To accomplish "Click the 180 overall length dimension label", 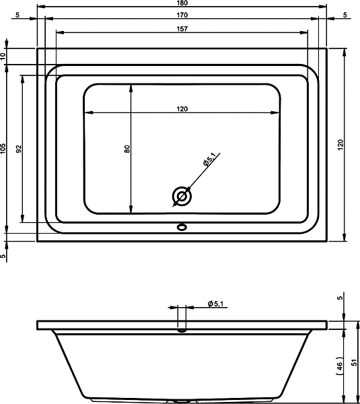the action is pyautogui.click(x=182, y=3).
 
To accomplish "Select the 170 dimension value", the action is pyautogui.click(x=182, y=15).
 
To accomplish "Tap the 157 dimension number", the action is pyautogui.click(x=182, y=29).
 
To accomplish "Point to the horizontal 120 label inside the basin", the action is pyautogui.click(x=182, y=109).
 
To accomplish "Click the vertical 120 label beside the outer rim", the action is pyautogui.click(x=340, y=145).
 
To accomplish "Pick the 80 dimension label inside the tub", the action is pyautogui.click(x=127, y=149).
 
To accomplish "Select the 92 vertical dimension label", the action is pyautogui.click(x=19, y=149).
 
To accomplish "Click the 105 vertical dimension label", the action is pyautogui.click(x=3, y=149).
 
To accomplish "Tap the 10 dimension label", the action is pyautogui.click(x=3, y=56).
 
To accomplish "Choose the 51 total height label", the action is pyautogui.click(x=355, y=362).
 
